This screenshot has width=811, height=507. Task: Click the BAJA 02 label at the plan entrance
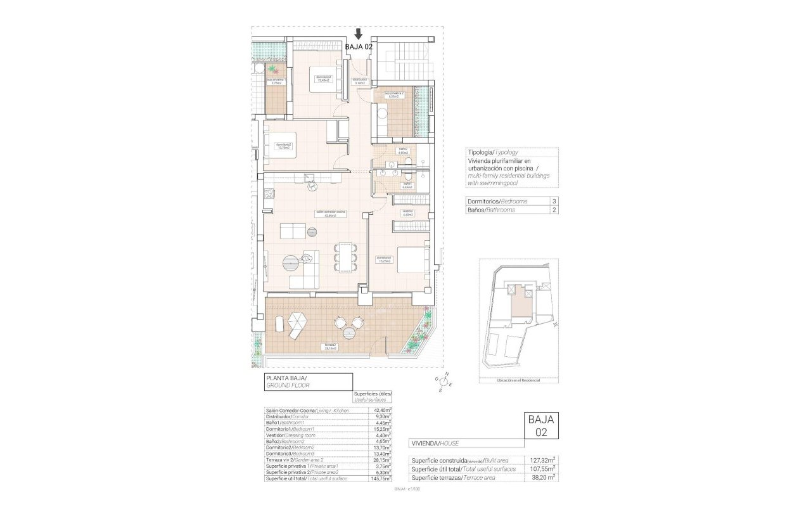click(x=359, y=46)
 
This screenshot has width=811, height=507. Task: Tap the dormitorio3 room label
click(x=324, y=79)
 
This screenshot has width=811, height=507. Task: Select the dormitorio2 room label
click(x=283, y=146)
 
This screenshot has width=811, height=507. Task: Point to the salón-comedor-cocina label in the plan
click(x=330, y=213)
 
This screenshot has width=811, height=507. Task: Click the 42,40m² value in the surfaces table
click(x=382, y=411)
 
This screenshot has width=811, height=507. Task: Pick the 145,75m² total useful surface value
click(x=381, y=478)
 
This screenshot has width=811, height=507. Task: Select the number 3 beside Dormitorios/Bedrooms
click(x=554, y=201)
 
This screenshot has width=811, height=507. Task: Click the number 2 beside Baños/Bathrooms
click(x=554, y=210)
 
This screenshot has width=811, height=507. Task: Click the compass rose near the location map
click(x=444, y=382)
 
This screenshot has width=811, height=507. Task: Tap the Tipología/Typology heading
click(x=492, y=153)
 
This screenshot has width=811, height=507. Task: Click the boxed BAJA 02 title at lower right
click(x=541, y=425)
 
